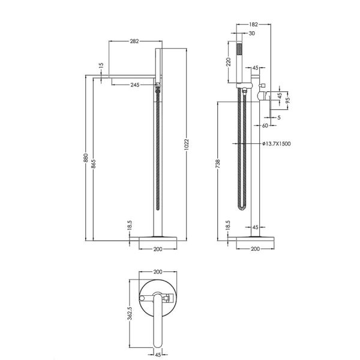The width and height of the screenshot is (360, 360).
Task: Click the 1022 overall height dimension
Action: tap(186, 145)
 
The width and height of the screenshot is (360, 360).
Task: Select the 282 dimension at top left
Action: tap(134, 41)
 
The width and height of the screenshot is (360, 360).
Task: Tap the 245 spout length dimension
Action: tap(135, 85)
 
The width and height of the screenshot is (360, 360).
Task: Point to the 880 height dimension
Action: tap(85, 158)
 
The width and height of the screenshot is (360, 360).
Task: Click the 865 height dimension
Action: tap(94, 164)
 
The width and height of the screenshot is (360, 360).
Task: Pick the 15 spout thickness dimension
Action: tap(101, 65)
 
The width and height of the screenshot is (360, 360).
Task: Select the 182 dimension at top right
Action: tap(253, 25)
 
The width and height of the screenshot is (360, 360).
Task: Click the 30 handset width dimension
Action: tap(252, 33)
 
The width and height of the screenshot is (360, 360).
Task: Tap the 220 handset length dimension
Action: tap(228, 62)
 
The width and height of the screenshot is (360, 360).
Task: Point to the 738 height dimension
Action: tap(218, 164)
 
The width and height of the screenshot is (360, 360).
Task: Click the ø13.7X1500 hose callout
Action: tap(277, 144)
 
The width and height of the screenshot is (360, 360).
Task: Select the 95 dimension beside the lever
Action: tap(288, 100)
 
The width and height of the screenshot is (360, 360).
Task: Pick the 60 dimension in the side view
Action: tap(265, 125)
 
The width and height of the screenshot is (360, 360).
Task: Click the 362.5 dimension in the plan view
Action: tap(130, 313)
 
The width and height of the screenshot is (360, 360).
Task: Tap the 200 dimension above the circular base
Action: tap(158, 272)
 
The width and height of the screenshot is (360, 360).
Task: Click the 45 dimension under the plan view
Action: tap(158, 355)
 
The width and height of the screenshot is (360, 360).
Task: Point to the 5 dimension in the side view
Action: tap(279, 118)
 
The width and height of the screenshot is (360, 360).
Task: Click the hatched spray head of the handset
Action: tap(239, 49)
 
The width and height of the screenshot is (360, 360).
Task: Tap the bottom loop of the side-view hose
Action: tap(242, 208)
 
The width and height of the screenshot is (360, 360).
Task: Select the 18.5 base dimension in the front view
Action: tap(130, 225)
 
